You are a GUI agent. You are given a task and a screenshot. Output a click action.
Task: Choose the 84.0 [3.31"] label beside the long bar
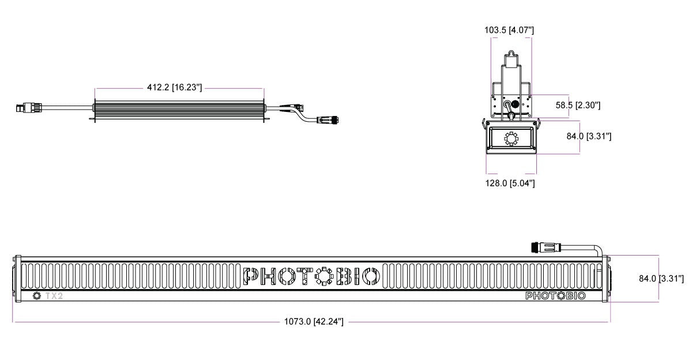click(x=661, y=279)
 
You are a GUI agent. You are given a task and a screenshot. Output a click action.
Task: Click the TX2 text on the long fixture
click(x=54, y=296)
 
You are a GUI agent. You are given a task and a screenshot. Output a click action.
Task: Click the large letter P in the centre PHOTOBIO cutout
click(x=253, y=277)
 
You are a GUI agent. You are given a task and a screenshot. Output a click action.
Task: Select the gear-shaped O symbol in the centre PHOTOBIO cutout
click(x=324, y=277)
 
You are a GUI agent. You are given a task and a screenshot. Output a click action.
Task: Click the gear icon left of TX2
click(x=37, y=296)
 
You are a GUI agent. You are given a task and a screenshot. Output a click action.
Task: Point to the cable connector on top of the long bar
click(x=544, y=247)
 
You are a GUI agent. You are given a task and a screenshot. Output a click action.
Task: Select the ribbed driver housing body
click(x=178, y=108)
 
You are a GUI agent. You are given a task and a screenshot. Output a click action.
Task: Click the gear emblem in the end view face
click(x=510, y=139)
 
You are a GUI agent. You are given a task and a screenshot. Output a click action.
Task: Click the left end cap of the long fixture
click(x=17, y=279)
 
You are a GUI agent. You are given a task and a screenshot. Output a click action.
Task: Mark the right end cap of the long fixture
click(x=606, y=279)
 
